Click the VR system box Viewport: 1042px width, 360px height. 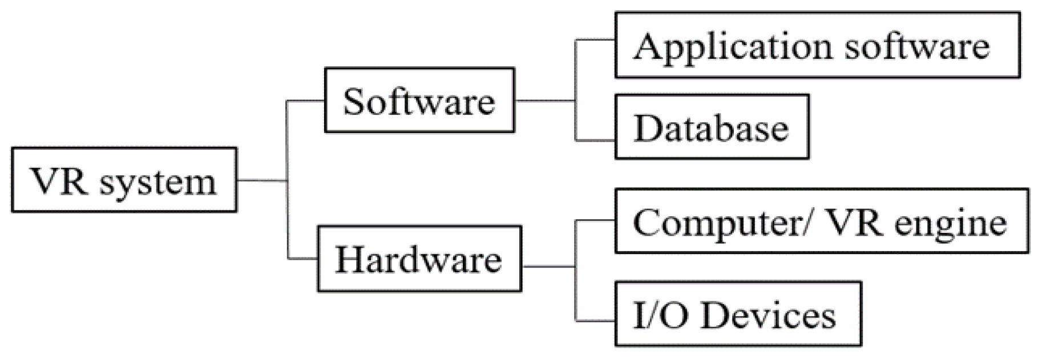(x=124, y=180)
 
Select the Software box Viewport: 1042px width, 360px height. (x=419, y=100)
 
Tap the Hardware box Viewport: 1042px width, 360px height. (x=419, y=258)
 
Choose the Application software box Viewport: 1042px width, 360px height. (x=817, y=45)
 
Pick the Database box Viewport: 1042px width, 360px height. (x=712, y=127)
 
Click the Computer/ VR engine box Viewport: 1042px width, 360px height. (x=821, y=221)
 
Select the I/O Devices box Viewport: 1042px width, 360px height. (x=737, y=313)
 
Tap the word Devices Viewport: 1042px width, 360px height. (x=768, y=314)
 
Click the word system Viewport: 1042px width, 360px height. (x=158, y=183)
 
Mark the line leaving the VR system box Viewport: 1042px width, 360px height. (x=261, y=180)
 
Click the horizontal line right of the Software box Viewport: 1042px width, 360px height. (x=544, y=101)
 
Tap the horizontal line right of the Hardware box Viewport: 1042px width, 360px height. (x=548, y=266)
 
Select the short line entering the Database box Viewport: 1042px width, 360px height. (x=595, y=140)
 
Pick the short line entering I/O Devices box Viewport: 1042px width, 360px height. (x=595, y=321)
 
